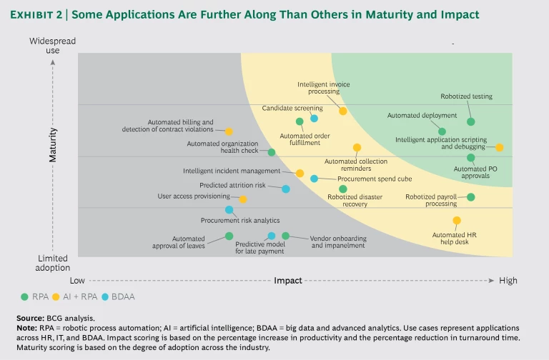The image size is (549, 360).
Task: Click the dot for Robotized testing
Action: (471, 122)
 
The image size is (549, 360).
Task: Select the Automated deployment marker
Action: (442, 131)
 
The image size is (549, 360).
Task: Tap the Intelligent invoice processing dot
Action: (343, 111)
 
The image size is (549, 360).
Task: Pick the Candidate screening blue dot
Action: (314, 118)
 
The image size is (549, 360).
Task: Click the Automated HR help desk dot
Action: (457, 221)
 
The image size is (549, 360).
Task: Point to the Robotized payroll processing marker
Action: (471, 197)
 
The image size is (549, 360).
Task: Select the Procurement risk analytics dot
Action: (229, 210)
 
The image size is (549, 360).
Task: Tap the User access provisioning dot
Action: (243, 199)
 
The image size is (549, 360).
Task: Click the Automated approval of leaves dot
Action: (229, 236)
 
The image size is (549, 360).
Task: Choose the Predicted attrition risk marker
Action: (286, 189)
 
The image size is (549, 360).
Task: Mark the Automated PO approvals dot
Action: (471, 158)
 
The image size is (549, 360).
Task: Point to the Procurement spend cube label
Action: (353, 179)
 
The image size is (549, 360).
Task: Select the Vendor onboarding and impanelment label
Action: (338, 242)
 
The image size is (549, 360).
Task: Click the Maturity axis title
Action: (53, 145)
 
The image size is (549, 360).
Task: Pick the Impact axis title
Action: (287, 281)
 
